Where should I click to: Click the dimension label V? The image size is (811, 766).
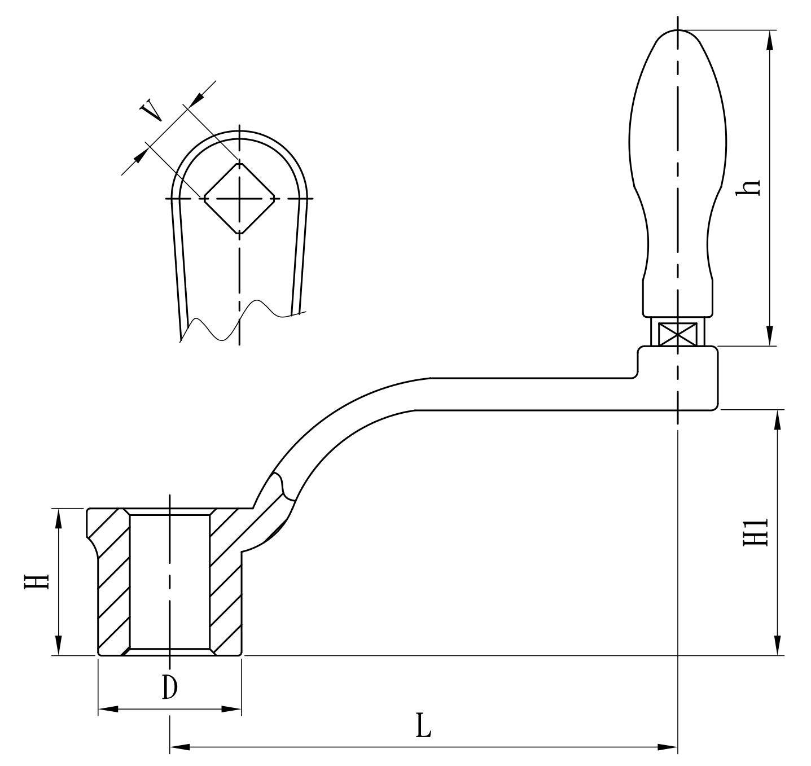[151, 111]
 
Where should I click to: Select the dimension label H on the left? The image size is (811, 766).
[36, 582]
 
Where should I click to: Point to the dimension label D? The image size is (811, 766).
[169, 687]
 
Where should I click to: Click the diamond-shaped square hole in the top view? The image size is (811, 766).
[239, 198]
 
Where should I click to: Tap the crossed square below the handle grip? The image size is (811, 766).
[677, 333]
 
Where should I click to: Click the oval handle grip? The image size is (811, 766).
[677, 169]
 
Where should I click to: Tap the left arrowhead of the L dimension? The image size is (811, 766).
[178, 747]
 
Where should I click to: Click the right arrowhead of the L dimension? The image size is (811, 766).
[668, 747]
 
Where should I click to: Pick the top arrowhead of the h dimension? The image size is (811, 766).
[769, 40]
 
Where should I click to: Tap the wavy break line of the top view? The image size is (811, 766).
[237, 322]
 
